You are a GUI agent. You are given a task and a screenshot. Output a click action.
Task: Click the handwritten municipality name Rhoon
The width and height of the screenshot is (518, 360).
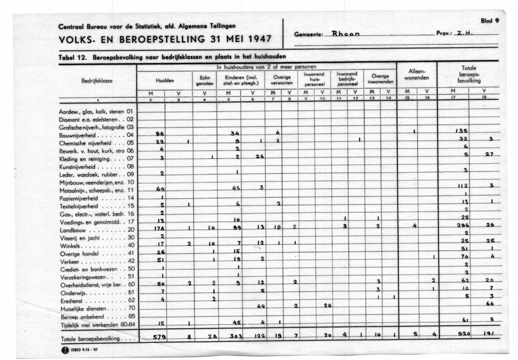coord(345,34)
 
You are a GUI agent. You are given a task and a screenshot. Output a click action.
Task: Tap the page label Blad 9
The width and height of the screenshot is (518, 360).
coord(490,21)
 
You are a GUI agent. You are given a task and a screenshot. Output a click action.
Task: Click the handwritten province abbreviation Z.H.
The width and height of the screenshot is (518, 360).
coord(463,34)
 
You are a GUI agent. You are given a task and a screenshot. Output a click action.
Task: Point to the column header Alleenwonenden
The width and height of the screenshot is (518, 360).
coord(416,75)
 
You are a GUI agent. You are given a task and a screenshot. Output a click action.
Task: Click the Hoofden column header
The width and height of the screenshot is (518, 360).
coord(164,80)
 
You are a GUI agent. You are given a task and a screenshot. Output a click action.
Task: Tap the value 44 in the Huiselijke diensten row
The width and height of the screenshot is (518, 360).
coord(261,306)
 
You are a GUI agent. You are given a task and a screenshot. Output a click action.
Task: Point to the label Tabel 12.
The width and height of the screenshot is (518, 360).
coord(72,57)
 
